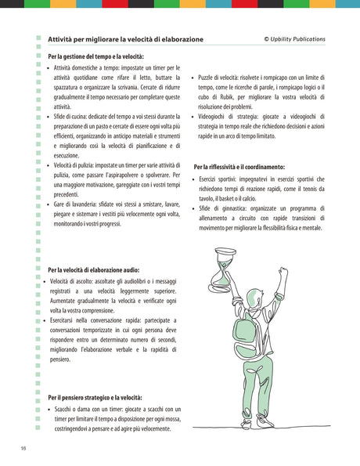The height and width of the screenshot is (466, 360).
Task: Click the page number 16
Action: point(24,447)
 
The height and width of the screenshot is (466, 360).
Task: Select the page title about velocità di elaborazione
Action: point(125,38)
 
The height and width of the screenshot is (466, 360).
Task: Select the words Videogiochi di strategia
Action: point(229,116)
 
